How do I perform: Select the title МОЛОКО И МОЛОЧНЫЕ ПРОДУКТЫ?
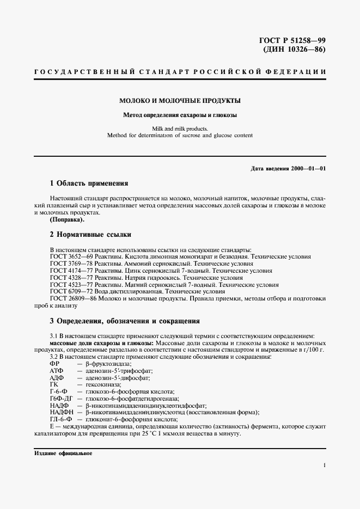click(x=180, y=101)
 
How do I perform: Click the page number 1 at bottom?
click(x=324, y=465)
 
